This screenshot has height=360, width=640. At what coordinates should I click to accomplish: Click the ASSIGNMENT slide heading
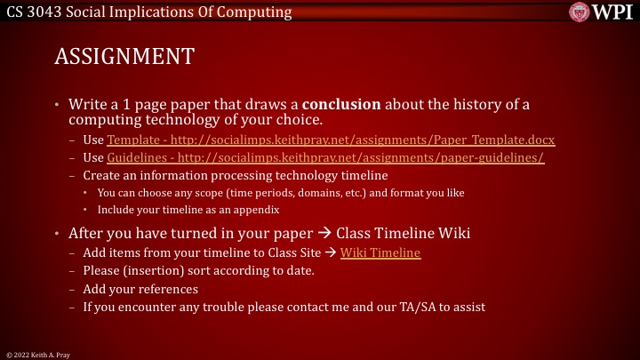pyautogui.click(x=124, y=57)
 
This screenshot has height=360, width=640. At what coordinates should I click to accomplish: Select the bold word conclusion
pyautogui.click(x=348, y=105)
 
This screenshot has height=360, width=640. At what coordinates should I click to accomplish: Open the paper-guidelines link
pyautogui.click(x=325, y=157)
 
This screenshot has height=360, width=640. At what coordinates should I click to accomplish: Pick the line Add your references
pyautogui.click(x=140, y=289)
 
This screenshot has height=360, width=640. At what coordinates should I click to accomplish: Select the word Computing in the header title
pyautogui.click(x=259, y=12)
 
